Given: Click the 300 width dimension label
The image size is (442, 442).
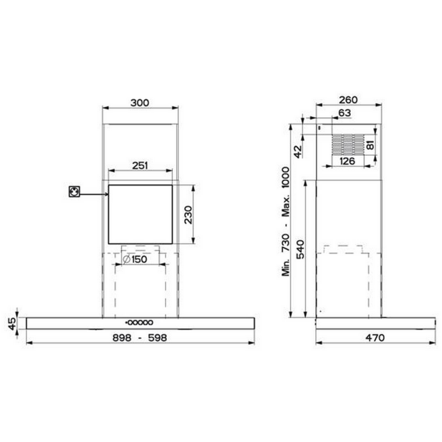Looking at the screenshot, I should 140,103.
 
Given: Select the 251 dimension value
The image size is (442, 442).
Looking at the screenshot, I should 140,165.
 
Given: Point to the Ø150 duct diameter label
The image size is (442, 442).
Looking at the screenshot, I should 134,259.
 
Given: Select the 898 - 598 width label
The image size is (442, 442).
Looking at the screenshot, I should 140,337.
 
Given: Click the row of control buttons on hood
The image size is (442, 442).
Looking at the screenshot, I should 139,323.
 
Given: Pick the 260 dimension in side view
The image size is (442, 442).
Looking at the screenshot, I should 348,99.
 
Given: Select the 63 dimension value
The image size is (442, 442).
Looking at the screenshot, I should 344,113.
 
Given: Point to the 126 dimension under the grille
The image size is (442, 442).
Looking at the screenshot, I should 347,161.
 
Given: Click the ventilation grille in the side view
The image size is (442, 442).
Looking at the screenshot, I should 347,145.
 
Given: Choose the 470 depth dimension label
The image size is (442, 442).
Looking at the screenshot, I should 375,337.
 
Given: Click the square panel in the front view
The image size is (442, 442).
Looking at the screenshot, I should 140,214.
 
